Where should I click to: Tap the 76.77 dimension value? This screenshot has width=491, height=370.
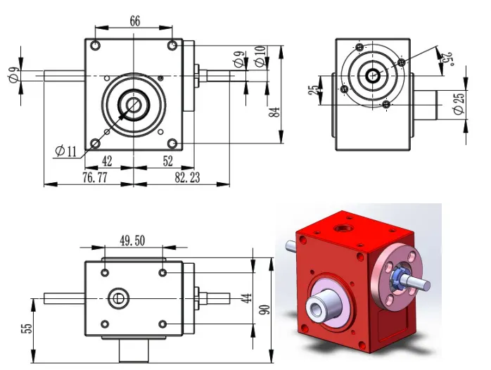tap(87, 177)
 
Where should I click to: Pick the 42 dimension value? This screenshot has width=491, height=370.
tap(107, 160)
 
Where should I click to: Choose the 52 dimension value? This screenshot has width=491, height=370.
tap(167, 160)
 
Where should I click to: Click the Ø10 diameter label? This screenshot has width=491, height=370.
tap(261, 57)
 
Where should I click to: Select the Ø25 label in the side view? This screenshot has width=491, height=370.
tap(459, 103)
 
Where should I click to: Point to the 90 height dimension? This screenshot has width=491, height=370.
tap(264, 310)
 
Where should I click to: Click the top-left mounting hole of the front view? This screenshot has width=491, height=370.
tap(96, 46)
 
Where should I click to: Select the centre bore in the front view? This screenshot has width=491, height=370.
tap(132, 105)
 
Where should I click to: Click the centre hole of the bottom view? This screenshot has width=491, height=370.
tap(118, 298)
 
